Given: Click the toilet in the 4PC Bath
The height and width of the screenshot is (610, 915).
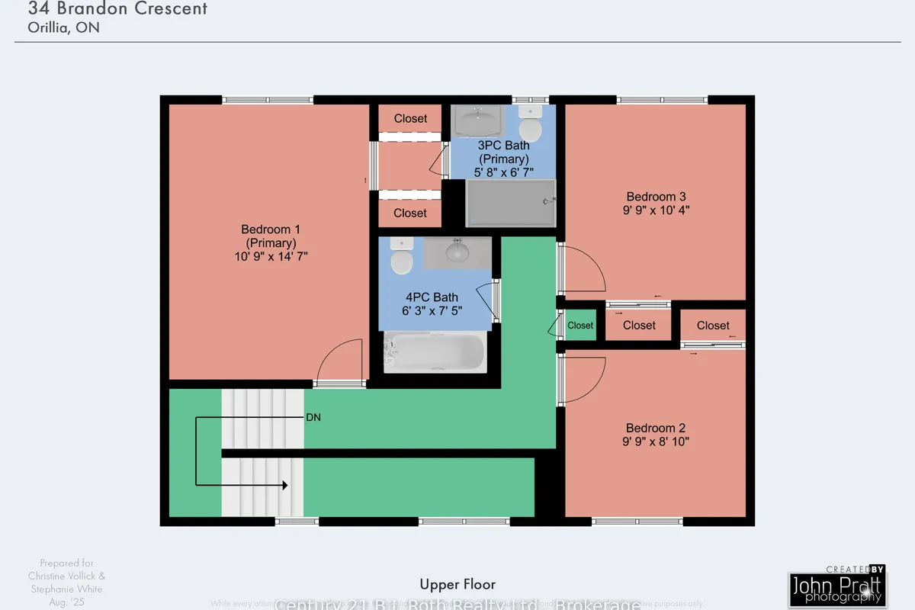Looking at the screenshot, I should (402, 258).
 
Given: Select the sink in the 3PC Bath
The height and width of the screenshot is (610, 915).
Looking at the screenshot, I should (478, 120).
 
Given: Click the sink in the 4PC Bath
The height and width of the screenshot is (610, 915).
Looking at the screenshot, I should (457, 252).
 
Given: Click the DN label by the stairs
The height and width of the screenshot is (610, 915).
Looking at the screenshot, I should (313, 418).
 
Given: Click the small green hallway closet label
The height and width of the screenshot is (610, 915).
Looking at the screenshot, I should (580, 326).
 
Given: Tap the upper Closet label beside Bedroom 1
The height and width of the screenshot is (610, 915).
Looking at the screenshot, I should (410, 118).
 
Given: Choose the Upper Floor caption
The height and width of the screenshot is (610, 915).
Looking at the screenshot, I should (457, 584).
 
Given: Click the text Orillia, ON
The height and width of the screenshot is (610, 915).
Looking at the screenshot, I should (64, 27).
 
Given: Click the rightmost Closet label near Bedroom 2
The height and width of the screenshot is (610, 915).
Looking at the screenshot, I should (713, 326).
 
